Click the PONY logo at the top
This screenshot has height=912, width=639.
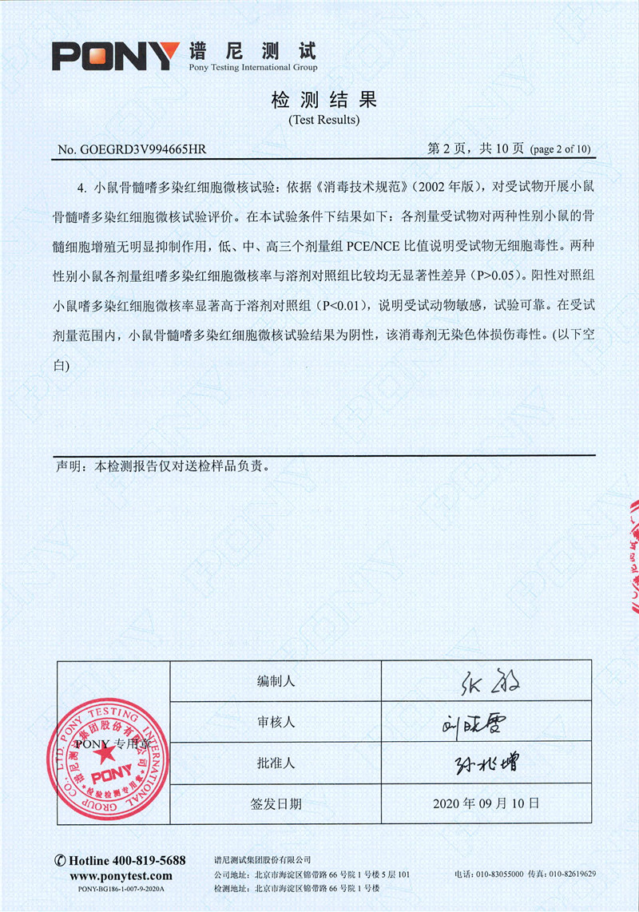coord(113,56)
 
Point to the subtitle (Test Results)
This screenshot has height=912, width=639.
coord(323,120)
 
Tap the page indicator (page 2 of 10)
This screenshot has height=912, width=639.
coord(560,149)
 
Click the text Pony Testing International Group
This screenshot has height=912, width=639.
coord(252,68)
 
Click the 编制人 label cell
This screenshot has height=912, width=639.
coord(276,681)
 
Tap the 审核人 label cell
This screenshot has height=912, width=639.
coord(276,722)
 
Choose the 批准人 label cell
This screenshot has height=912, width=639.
coord(276,763)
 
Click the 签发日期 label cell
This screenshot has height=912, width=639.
coord(276,803)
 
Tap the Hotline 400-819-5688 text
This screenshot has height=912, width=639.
coord(120,860)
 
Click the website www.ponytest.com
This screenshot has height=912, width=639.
coord(120,874)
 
